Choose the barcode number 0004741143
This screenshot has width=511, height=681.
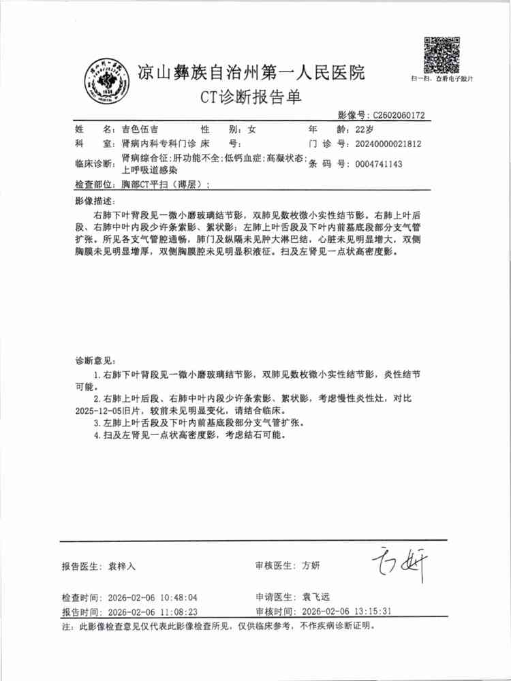click(375, 164)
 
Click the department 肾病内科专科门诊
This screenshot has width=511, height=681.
click(156, 144)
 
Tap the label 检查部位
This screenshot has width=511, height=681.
click(95, 185)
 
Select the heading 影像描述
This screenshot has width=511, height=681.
click(95, 202)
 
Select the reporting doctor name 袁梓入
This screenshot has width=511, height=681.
click(123, 566)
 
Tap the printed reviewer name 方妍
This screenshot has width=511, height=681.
click(311, 565)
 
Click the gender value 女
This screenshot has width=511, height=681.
click(251, 129)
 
